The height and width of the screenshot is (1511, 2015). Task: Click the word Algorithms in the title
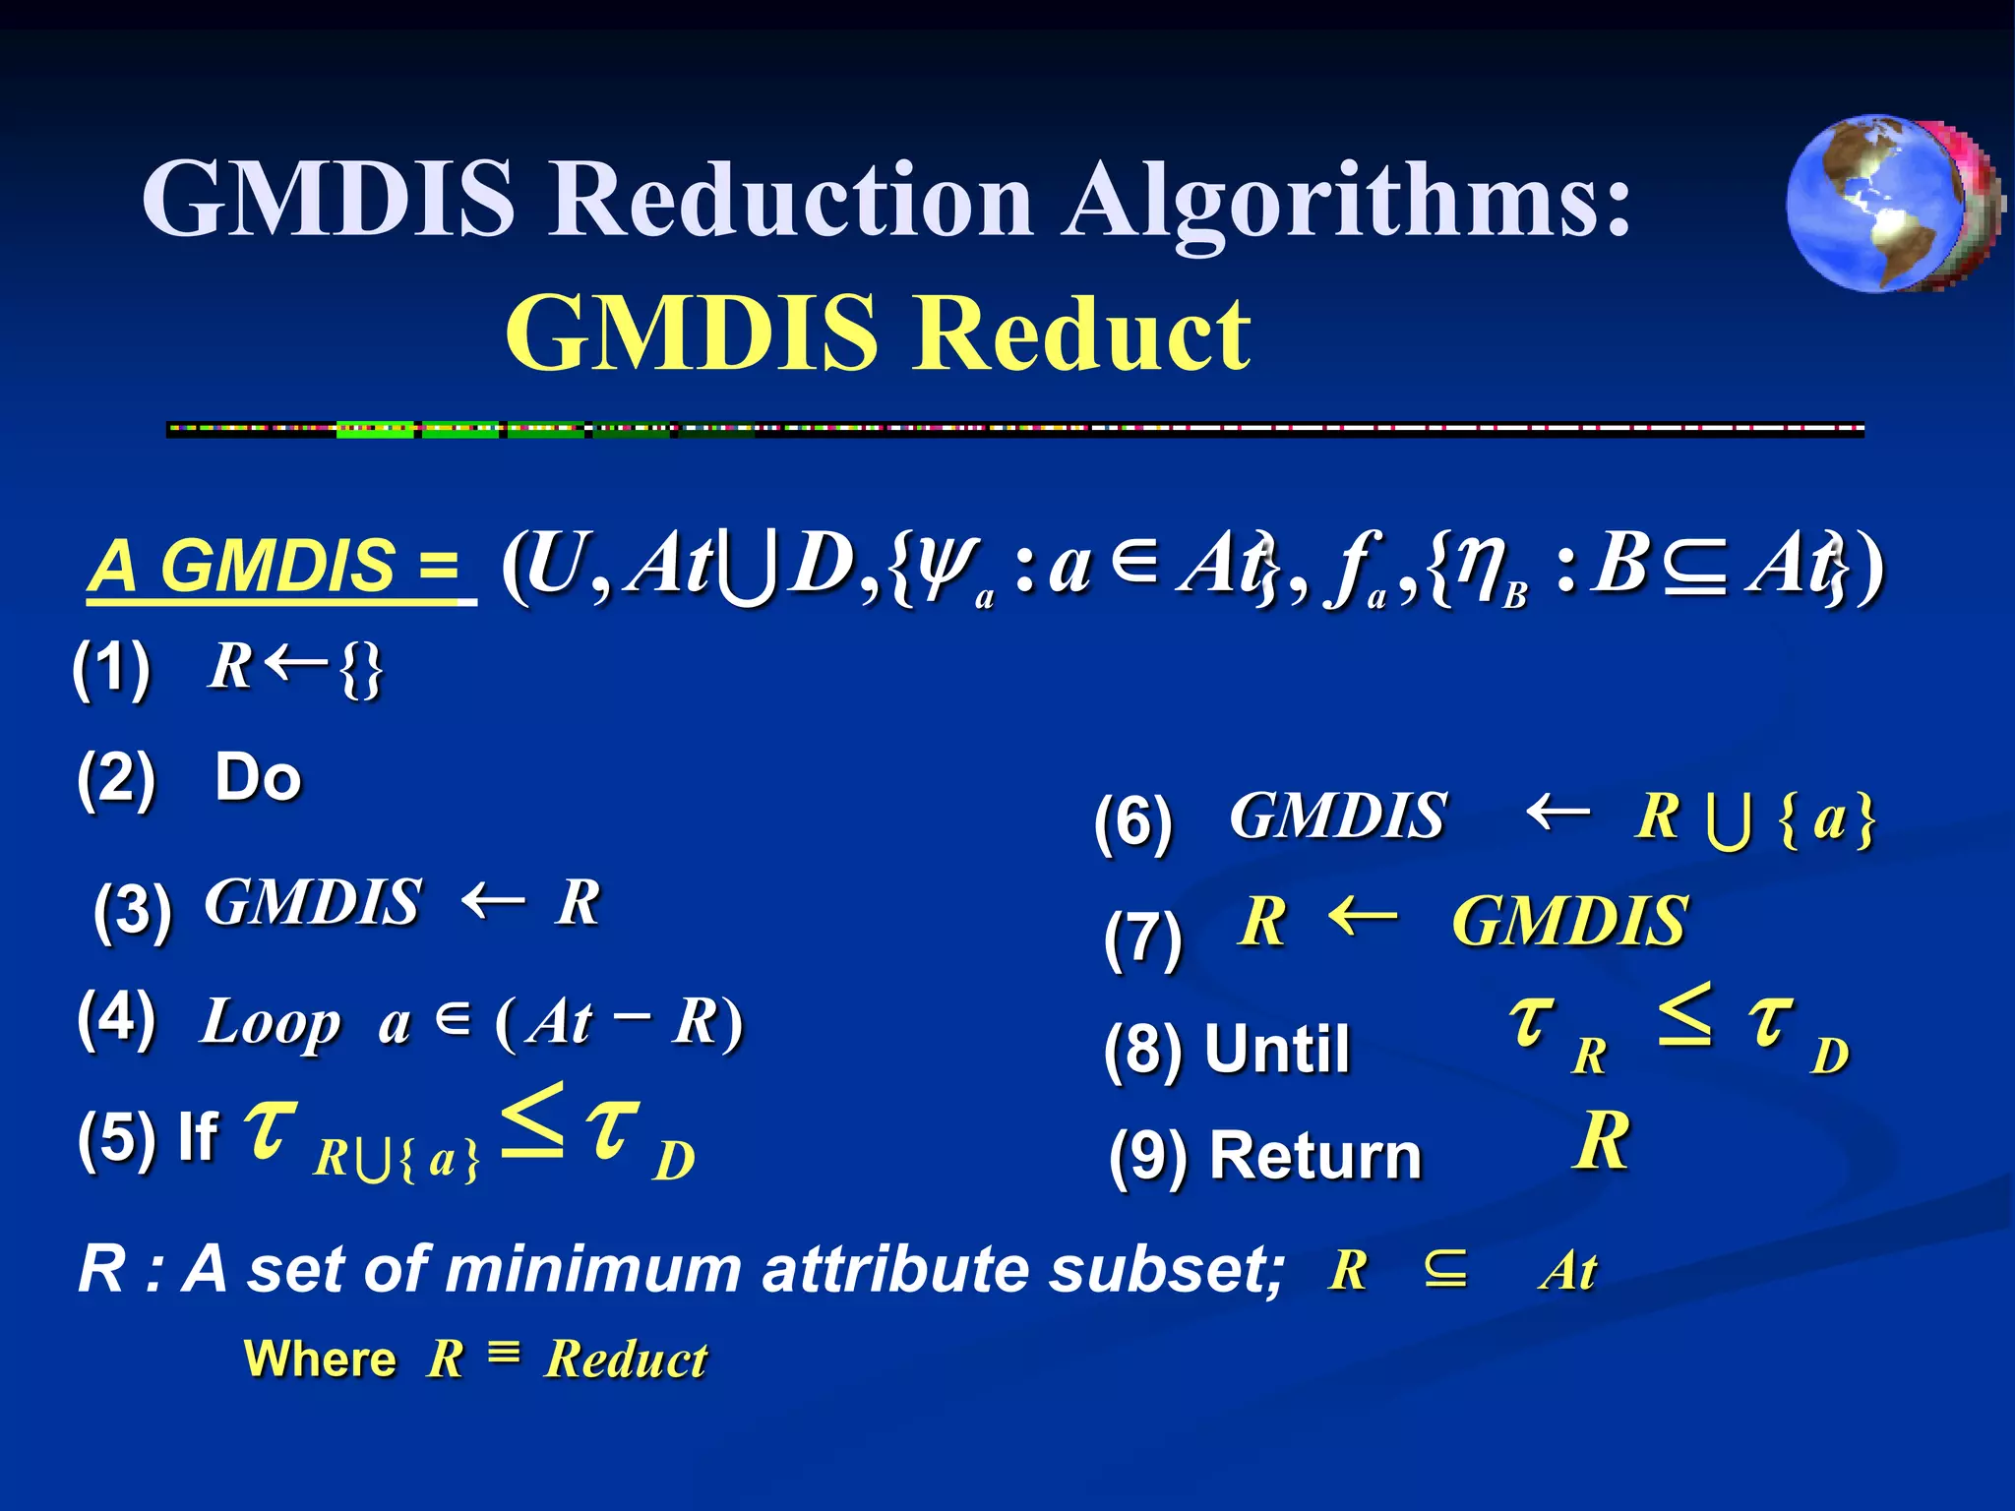click(1347, 200)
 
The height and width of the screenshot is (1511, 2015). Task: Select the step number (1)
click(111, 668)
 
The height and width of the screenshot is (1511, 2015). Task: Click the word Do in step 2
click(258, 777)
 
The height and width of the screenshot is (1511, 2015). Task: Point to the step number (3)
click(133, 911)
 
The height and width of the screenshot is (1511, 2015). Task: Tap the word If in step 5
click(198, 1137)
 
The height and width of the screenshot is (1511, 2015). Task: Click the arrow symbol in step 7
click(1362, 918)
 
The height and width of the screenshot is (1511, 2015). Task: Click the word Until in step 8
click(1277, 1049)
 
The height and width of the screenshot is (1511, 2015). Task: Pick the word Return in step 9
click(1315, 1155)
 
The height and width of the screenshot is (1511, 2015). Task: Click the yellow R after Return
click(1601, 1141)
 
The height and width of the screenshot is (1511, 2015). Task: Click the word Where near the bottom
click(320, 1360)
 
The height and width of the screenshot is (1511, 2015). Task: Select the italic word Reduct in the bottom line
click(627, 1360)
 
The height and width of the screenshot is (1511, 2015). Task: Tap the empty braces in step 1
click(361, 670)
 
